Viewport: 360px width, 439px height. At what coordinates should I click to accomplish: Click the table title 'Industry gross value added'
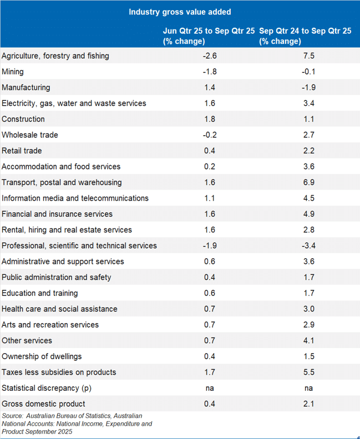click(180, 12)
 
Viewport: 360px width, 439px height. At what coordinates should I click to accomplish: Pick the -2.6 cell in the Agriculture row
click(209, 56)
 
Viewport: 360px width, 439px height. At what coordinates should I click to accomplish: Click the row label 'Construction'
click(23, 119)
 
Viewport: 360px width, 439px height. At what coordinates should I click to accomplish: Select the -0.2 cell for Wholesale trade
click(209, 135)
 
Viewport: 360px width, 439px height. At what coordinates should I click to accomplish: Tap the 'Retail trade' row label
click(22, 151)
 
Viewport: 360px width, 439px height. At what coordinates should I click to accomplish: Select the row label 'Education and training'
click(40, 293)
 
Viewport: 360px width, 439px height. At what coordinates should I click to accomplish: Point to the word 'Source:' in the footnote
click(13, 416)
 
